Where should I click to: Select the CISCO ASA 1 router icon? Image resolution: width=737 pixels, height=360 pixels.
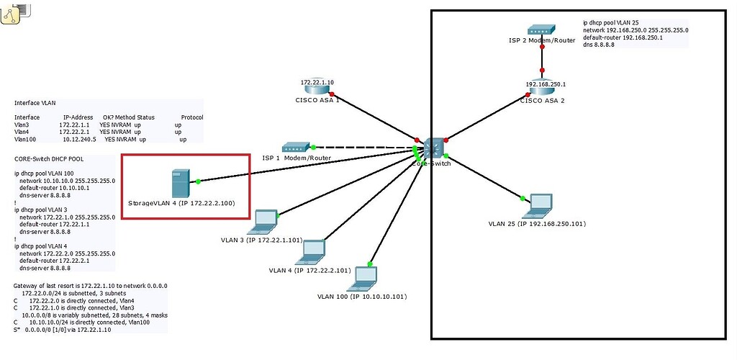(317, 87)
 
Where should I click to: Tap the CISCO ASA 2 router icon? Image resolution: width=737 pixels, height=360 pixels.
(541, 88)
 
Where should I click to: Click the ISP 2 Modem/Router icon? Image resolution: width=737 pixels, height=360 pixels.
(541, 30)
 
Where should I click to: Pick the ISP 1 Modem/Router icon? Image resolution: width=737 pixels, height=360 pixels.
(295, 147)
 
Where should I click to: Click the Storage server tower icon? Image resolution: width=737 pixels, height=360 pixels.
(179, 184)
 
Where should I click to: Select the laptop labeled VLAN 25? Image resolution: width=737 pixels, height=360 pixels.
(539, 206)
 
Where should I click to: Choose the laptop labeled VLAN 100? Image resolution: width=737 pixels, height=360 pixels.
(365, 277)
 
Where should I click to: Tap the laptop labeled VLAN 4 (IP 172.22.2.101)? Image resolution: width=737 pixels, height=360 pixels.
(312, 251)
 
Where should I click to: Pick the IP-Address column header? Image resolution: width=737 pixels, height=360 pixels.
(79, 117)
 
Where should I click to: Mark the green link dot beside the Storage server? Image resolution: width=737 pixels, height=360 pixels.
(197, 181)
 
